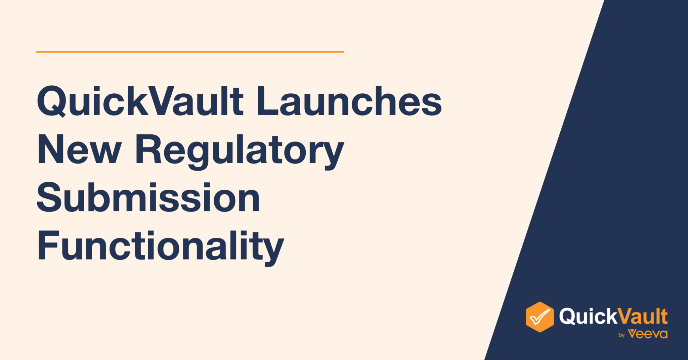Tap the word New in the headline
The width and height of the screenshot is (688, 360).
pyautogui.click(x=79, y=149)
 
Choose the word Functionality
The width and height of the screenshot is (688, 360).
pyautogui.click(x=161, y=246)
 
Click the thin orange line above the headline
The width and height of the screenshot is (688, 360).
pyautogui.click(x=190, y=52)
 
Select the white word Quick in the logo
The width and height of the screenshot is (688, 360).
pyautogui.click(x=588, y=316)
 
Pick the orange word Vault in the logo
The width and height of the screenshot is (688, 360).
pyautogui.click(x=643, y=316)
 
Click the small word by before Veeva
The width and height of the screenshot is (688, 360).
pyautogui.click(x=621, y=335)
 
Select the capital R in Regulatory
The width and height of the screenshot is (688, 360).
pyautogui.click(x=148, y=149)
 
